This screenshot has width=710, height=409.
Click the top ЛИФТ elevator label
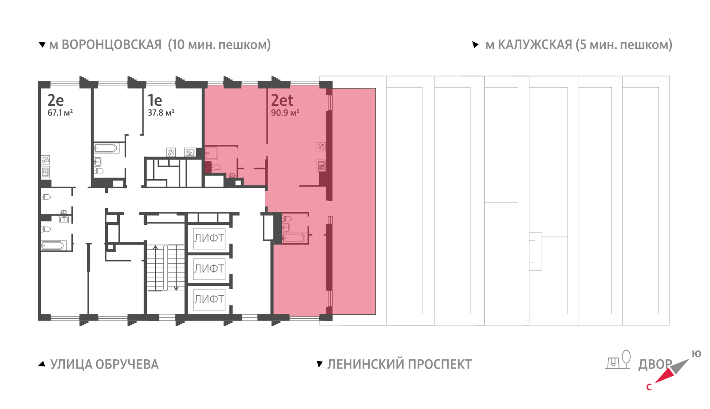point(209,238)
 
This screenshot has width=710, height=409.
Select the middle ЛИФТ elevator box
point(209,269)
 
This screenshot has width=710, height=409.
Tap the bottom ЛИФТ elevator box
point(209,299)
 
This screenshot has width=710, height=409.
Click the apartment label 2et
point(282,100)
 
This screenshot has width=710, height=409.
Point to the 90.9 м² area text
point(285,113)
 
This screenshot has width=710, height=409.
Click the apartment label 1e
point(155,100)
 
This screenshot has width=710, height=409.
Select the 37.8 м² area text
point(161,113)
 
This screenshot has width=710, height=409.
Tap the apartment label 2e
point(56,100)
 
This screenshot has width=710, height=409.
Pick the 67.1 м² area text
point(60,113)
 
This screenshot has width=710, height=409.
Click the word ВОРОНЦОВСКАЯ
point(111,45)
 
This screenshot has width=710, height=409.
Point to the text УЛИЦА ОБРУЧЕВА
point(104,365)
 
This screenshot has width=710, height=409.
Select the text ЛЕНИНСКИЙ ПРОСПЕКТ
point(399,365)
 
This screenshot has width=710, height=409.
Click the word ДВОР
point(655,365)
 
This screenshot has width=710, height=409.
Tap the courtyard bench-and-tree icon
point(619,360)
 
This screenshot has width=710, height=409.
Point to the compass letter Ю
point(696,354)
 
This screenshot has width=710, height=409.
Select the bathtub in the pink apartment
point(294,238)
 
